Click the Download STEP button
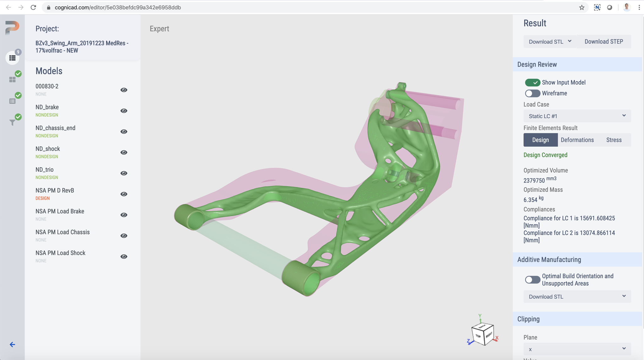[603, 42]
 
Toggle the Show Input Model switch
[532, 82]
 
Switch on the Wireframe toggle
[532, 93]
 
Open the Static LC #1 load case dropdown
[577, 116]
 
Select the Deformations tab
[577, 140]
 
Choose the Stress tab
[613, 140]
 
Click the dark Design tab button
[540, 140]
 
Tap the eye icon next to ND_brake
[124, 111]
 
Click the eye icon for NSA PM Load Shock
[124, 257]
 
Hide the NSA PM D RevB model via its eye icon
[124, 194]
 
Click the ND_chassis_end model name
[55, 128]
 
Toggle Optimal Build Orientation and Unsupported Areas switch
[532, 280]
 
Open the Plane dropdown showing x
[577, 349]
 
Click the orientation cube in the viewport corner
[482, 334]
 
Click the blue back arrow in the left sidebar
[12, 345]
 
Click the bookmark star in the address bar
[582, 7]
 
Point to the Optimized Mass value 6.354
[530, 200]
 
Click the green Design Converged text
[545, 155]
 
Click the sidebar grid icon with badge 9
[12, 58]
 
